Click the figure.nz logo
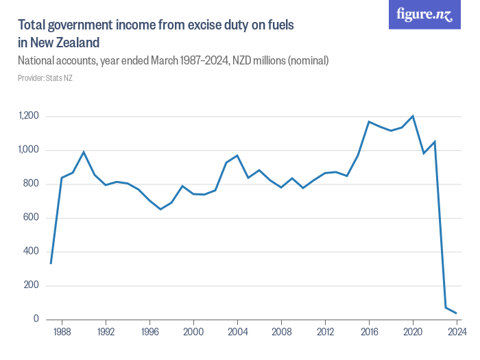point(424,14)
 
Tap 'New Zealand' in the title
point(64,42)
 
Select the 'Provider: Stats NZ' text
point(45,78)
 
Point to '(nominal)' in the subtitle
point(308,61)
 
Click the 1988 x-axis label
point(62,331)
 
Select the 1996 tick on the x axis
point(149,331)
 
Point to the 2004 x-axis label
point(237,331)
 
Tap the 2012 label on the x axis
point(325,331)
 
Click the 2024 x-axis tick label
point(457,331)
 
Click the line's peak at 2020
point(413,116)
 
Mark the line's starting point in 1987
point(51,263)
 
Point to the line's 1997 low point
point(160,209)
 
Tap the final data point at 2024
point(457,313)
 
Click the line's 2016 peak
point(369,121)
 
